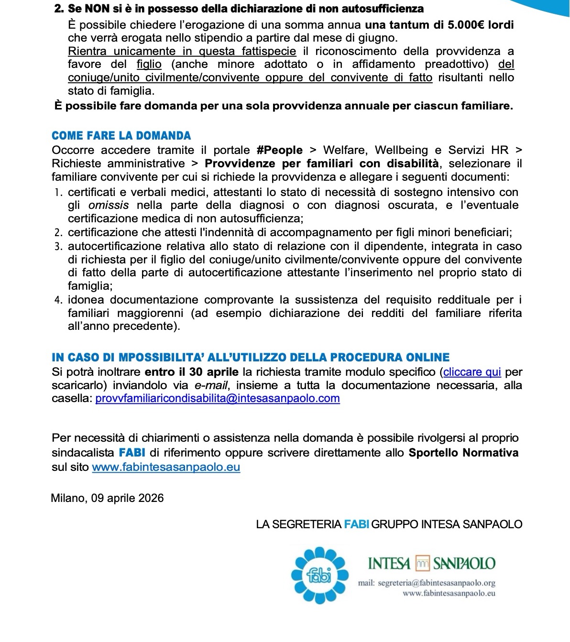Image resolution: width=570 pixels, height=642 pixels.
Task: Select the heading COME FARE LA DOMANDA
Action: [121, 136]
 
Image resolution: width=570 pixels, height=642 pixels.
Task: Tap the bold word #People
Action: [280, 150]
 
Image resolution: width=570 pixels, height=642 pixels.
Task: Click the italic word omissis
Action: [109, 206]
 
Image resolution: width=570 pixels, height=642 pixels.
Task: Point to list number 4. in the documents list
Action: [59, 300]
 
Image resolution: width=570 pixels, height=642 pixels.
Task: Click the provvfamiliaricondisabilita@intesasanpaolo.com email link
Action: [218, 399]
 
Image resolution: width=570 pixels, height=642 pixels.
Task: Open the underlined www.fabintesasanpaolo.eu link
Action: [166, 467]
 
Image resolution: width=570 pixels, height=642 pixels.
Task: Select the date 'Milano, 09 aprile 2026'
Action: [108, 498]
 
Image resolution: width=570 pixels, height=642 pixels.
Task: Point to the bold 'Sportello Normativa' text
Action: [463, 453]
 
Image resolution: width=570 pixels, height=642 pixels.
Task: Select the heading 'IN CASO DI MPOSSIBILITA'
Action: [251, 358]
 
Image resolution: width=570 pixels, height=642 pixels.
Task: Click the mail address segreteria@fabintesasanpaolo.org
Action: [436, 583]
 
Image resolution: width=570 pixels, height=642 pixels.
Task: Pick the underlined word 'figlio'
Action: [149, 64]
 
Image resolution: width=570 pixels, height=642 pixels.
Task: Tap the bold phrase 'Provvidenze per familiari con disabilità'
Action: [322, 163]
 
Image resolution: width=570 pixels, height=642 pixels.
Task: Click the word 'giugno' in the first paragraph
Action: [381, 38]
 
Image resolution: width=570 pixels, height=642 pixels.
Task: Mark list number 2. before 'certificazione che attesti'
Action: [59, 233]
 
